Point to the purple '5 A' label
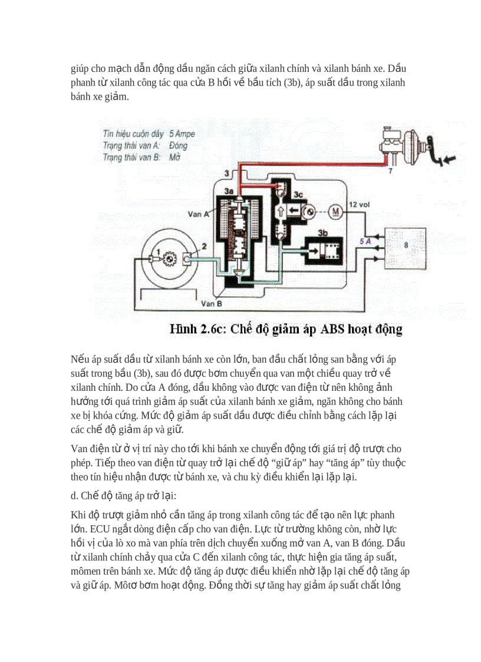click(365, 241)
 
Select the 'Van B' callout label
click(210, 304)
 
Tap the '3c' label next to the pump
click(299, 193)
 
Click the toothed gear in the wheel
click(169, 258)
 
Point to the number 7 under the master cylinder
click(389, 171)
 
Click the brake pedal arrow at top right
click(451, 159)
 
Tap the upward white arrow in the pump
click(281, 211)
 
